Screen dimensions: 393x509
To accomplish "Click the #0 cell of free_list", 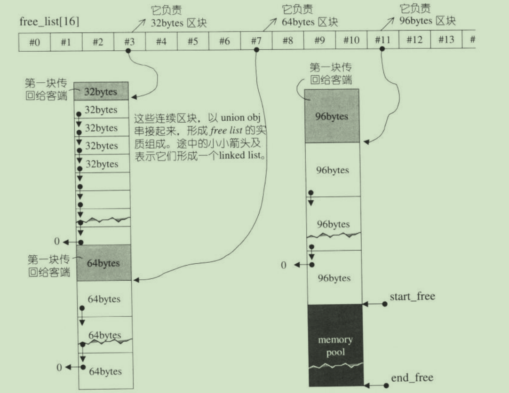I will (x=34, y=41).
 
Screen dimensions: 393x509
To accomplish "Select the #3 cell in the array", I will (x=129, y=41).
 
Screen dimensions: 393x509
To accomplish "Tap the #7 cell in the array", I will (x=256, y=41).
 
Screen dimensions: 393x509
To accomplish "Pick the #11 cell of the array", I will (x=382, y=41).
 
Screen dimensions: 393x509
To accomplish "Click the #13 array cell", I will (x=446, y=41).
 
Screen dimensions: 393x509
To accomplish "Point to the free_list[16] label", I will (x=49, y=22).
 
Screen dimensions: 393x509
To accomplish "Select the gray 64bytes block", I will (x=103, y=263).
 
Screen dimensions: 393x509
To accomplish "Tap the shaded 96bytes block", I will (x=332, y=116).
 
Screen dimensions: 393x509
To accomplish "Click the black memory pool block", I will (x=335, y=345).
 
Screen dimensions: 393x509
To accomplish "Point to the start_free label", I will (x=412, y=297).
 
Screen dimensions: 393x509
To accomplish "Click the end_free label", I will (x=412, y=378).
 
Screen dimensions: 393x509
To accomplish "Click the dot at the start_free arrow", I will (x=384, y=304).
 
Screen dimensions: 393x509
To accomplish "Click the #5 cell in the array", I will (x=192, y=41).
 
